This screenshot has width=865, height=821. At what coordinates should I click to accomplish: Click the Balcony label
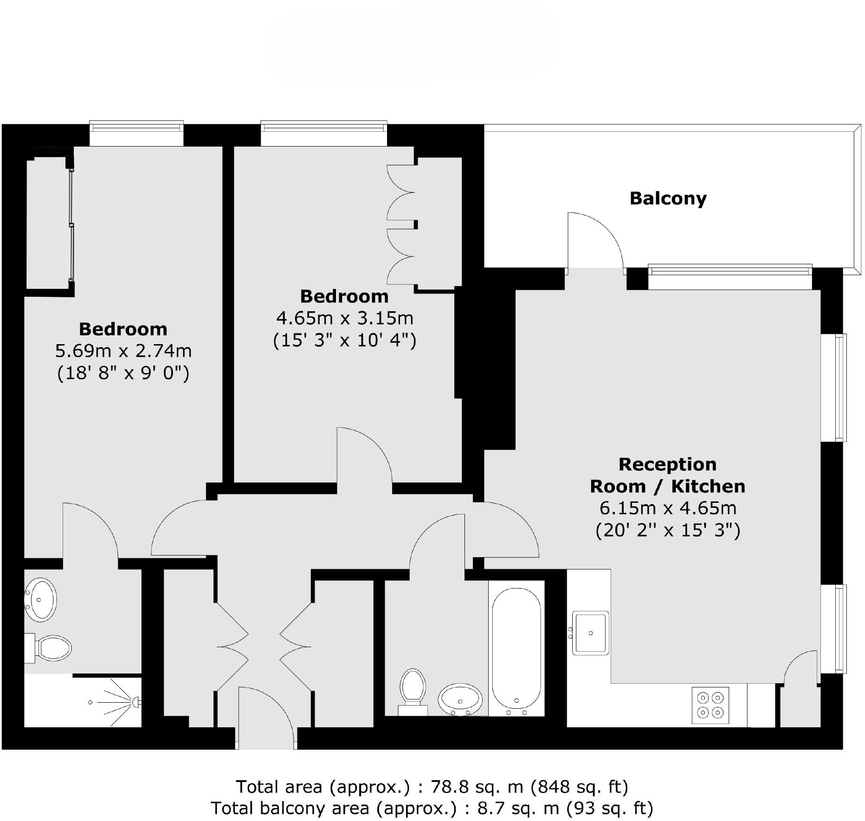click(668, 199)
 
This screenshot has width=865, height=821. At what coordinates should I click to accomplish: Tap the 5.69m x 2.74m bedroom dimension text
click(123, 351)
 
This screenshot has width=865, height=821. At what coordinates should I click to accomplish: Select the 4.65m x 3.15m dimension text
click(344, 318)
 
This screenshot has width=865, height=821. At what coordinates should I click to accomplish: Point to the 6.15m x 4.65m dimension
click(668, 508)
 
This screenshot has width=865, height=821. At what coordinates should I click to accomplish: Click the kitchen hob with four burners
click(710, 705)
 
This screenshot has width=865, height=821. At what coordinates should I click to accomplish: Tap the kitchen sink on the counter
click(590, 633)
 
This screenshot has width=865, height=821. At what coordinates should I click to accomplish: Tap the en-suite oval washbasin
click(40, 599)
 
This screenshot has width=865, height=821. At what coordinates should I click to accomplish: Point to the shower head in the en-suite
click(136, 702)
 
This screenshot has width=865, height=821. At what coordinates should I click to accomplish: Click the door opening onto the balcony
click(594, 241)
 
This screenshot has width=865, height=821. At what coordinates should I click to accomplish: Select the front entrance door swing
click(265, 717)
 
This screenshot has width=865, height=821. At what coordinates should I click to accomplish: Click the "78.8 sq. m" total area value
click(478, 787)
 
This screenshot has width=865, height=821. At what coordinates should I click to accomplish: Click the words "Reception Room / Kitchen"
click(667, 475)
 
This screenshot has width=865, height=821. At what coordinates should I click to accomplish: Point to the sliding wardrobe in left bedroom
click(71, 225)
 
